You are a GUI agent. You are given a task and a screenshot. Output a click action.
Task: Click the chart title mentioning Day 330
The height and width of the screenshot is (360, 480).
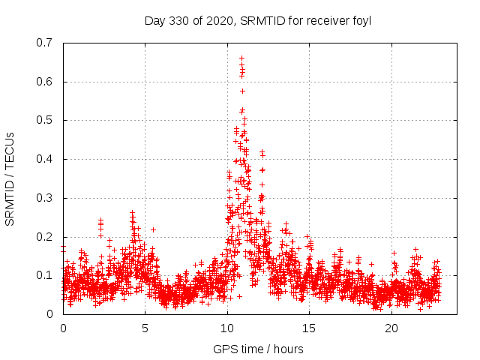point(257,20)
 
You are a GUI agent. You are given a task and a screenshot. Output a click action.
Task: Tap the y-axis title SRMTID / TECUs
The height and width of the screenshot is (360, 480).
point(10,178)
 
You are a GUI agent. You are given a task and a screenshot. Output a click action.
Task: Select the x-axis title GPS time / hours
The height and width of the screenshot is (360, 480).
point(257,349)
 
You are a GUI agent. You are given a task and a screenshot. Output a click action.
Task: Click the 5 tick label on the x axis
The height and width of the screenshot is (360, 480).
point(145,328)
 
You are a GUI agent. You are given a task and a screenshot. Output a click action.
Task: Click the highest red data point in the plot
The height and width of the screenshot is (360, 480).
point(241,58)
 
